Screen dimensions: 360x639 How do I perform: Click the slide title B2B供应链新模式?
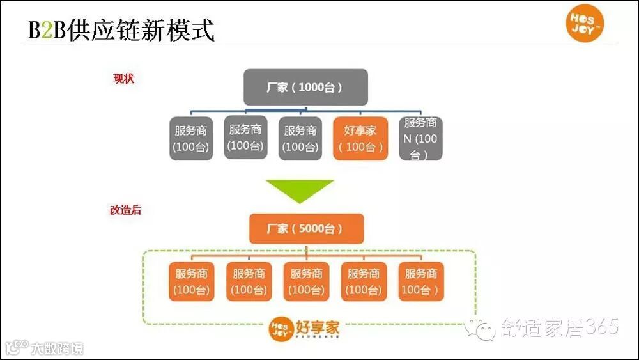pos(121,30)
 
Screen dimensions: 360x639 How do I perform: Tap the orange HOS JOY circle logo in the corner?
pos(585,24)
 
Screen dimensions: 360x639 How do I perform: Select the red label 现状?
pos(123,79)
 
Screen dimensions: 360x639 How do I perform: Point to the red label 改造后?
pos(125,210)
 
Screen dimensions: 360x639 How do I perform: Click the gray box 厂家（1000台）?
pos(305,87)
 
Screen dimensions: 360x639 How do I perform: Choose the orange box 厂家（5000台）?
pos(305,228)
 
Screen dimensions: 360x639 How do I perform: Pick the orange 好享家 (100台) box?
pos(360,138)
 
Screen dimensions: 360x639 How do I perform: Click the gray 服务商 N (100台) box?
pos(420,137)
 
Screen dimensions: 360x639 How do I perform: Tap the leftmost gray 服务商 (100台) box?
pos(191,138)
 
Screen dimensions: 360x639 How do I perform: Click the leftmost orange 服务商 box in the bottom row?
pos(192,281)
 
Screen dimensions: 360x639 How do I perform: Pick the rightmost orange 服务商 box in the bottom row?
pos(420,281)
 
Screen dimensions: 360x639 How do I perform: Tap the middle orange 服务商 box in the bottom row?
pos(306,281)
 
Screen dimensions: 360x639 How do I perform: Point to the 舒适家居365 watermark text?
pos(559,328)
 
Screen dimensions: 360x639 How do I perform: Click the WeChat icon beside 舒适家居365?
pos(480,329)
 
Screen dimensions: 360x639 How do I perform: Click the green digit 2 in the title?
pos(45,31)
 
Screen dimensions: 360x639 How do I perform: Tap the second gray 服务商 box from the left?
pos(246,137)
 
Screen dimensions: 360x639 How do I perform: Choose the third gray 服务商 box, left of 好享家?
pos(300,138)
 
